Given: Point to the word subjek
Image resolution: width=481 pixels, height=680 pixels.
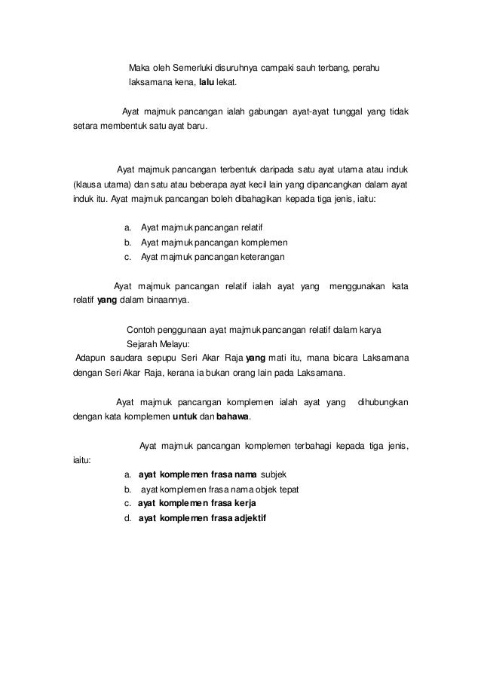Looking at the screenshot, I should click(273, 473).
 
